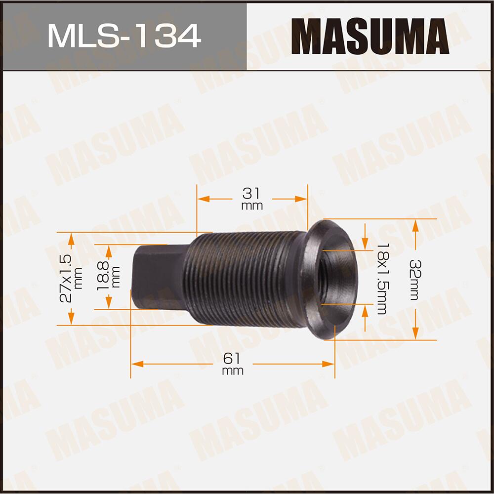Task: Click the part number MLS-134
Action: pos(123,36)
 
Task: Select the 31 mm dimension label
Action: pos(252,198)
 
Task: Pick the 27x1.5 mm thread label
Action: pos(69,279)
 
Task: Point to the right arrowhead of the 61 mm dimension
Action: pos(329,364)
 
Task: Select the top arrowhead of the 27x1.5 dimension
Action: pos(71,239)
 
